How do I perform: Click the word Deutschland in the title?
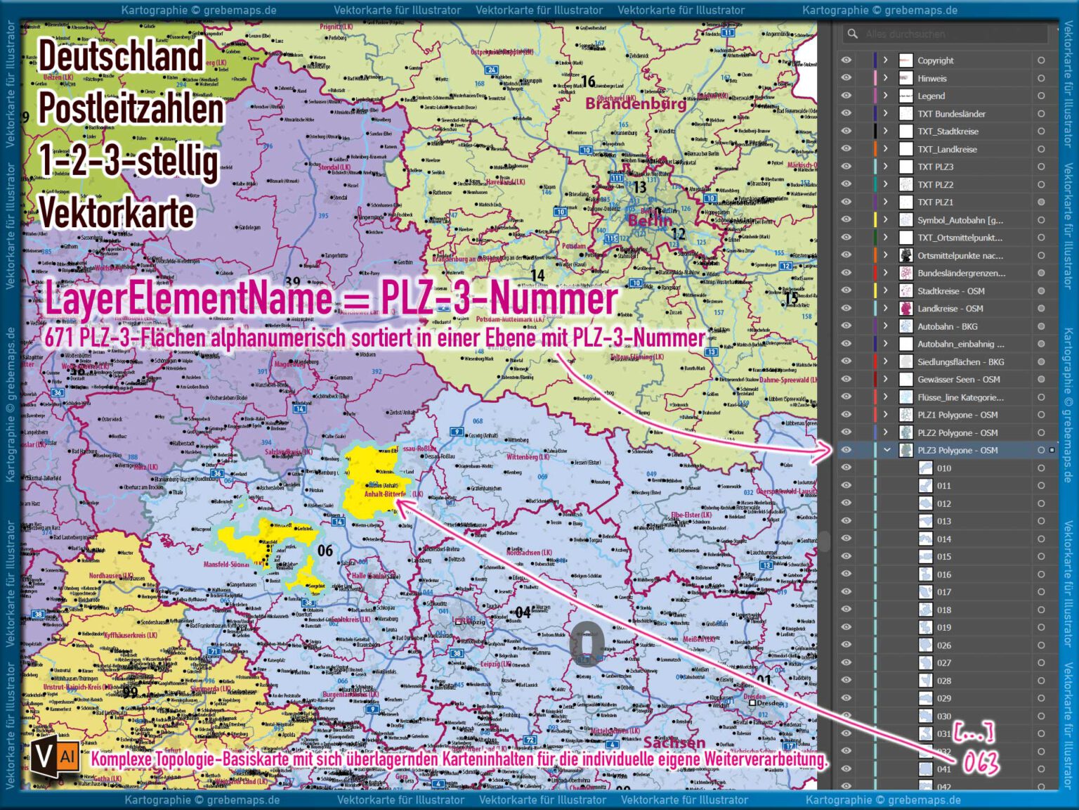[121, 56]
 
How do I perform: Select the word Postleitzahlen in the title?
[131, 109]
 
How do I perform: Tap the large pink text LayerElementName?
[188, 297]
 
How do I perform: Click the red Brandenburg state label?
[636, 104]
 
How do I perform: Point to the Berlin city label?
[650, 221]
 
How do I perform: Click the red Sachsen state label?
[674, 742]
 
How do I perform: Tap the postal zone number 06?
[325, 551]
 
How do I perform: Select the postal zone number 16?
[589, 82]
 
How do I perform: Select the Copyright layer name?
[935, 60]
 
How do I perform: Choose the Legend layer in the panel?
[931, 96]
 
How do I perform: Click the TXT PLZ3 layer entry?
[935, 167]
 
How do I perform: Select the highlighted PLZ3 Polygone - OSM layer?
[957, 451]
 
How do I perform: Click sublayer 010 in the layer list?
[943, 468]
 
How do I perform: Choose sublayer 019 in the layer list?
[943, 628]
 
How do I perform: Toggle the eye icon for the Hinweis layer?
[846, 78]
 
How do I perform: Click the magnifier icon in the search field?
[852, 34]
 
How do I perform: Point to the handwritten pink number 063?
[980, 762]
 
